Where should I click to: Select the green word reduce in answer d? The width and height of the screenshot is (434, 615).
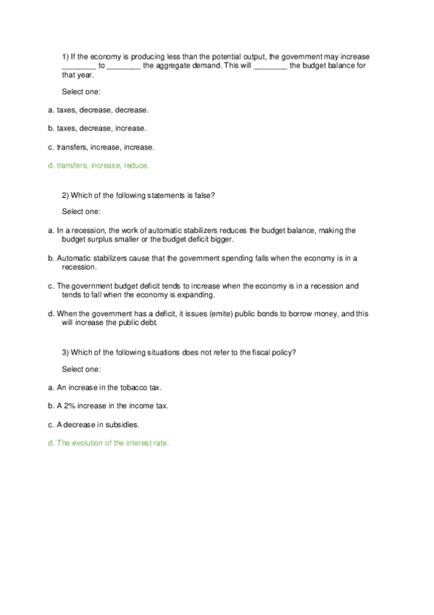pyautogui.click(x=135, y=165)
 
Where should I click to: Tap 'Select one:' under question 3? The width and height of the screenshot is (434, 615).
pyautogui.click(x=81, y=369)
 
